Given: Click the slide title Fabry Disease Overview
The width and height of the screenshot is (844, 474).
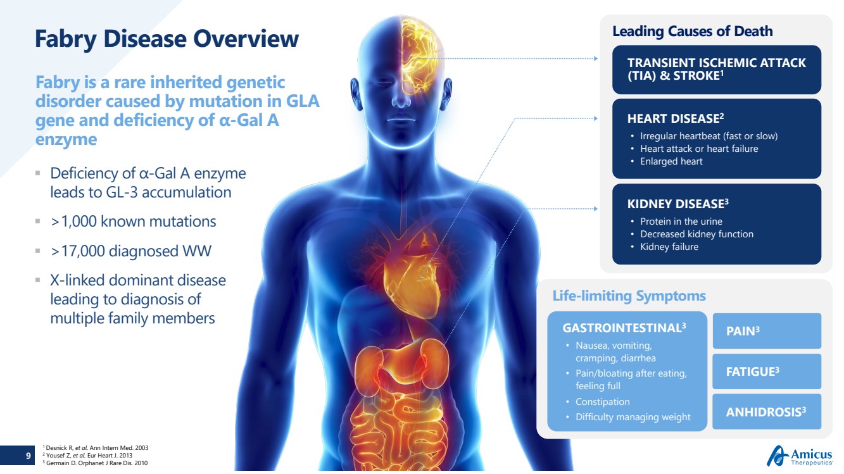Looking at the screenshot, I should pos(167,39).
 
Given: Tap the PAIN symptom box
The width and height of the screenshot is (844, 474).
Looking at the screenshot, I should pos(767,331).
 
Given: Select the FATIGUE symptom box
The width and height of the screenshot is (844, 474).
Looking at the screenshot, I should pos(767,371).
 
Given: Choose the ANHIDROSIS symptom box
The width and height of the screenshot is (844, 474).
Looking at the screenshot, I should pos(767,412).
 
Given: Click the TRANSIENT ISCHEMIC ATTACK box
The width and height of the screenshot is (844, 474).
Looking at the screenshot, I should pos(716,69).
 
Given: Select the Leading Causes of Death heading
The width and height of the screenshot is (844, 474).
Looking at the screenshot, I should pos(692,31).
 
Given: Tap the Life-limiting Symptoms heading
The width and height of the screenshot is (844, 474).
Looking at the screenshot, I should pos(629,296).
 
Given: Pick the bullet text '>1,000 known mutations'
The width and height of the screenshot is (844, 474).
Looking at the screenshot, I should pos(134,221).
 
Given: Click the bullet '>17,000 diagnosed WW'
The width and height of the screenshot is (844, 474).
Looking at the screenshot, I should pos(131,251).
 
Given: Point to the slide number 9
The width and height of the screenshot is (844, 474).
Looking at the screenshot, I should pos(28,456).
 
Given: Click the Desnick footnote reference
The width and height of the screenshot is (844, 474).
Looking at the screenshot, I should pos(95,448).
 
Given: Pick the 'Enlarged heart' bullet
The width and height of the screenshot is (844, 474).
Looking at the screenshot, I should pos(671,161).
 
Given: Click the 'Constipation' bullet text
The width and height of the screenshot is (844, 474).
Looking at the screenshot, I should pos(602,402).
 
